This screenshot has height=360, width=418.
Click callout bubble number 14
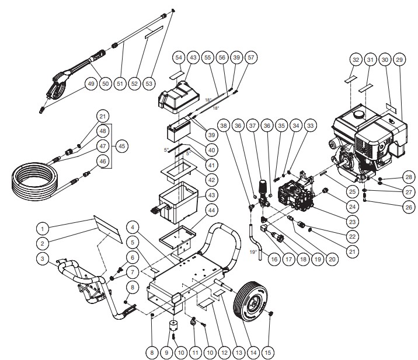[x=253, y=352]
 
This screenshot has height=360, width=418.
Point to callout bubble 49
[x=90, y=84]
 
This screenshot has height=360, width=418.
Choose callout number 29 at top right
[x=399, y=60]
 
